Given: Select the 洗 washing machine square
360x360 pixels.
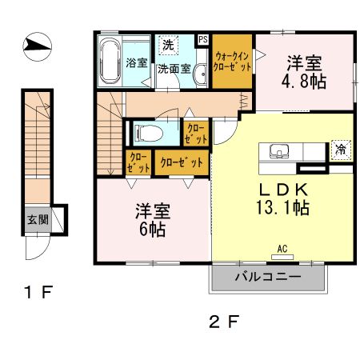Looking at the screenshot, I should (168, 45).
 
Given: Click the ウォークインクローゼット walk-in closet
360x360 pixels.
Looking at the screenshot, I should (233, 62).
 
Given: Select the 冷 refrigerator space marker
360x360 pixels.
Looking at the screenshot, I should (340, 150).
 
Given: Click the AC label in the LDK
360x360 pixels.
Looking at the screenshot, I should (282, 249).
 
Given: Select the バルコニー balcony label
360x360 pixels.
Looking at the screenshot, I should (268, 278).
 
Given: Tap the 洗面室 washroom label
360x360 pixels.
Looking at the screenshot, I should (174, 69).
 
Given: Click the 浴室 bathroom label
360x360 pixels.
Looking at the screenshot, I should (136, 62).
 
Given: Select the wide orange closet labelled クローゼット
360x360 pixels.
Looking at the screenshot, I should (181, 162).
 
